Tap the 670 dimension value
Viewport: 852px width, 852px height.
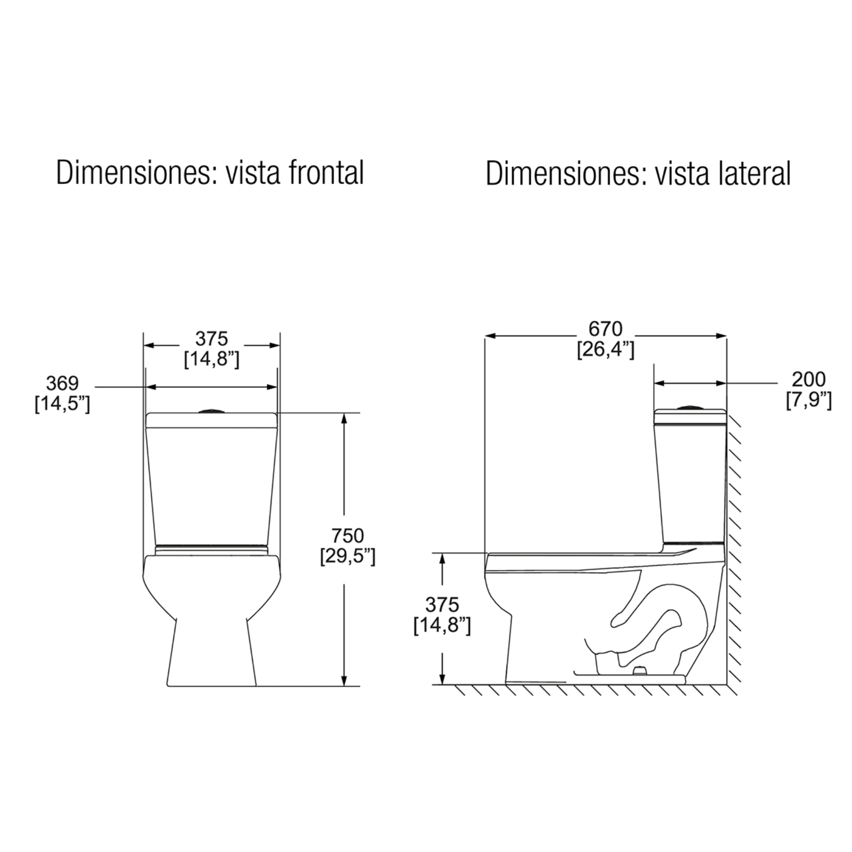(605, 329)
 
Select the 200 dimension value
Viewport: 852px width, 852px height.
(809, 379)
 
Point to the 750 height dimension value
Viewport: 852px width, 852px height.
(348, 536)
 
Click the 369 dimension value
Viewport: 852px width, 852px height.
(62, 383)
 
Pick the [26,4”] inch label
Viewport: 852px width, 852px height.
(606, 350)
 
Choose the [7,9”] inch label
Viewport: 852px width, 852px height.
(809, 400)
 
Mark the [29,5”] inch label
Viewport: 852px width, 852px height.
(348, 556)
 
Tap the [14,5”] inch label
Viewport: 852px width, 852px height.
(62, 404)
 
